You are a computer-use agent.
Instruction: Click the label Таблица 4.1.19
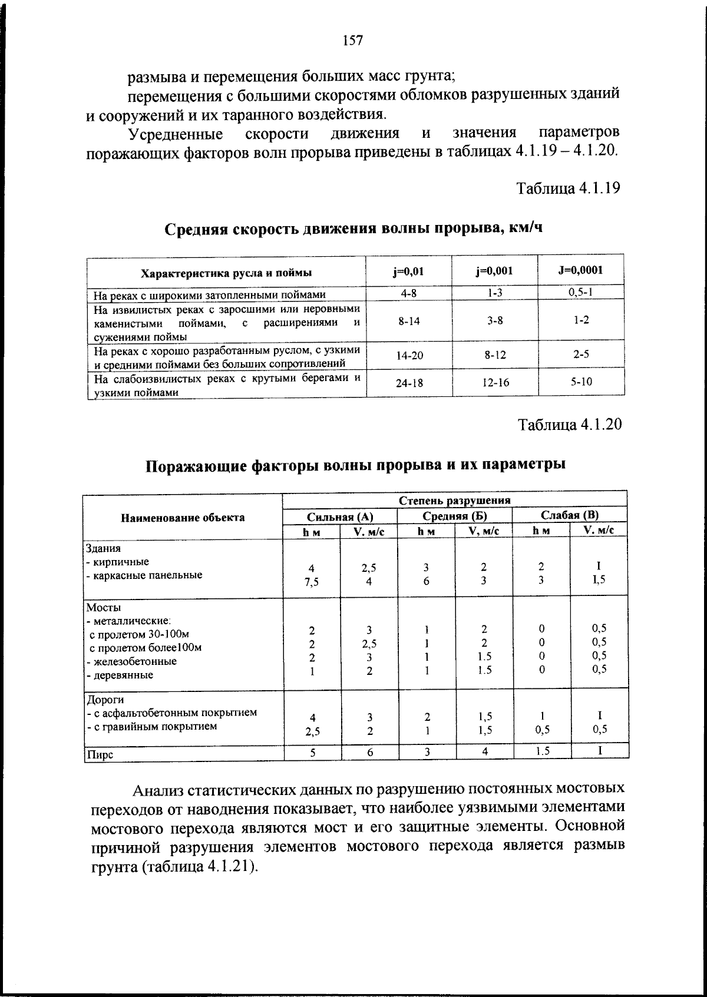click(x=568, y=188)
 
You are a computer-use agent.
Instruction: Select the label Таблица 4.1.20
click(x=569, y=425)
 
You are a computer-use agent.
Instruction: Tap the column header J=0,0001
click(x=580, y=270)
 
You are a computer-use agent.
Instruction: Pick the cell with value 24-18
click(x=409, y=383)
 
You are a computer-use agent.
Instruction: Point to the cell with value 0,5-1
click(x=581, y=293)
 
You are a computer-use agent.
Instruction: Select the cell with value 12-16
click(x=495, y=383)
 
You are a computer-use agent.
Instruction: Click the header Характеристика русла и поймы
click(x=226, y=273)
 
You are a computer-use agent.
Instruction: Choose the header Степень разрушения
click(x=454, y=501)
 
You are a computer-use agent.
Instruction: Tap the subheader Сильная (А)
click(x=340, y=516)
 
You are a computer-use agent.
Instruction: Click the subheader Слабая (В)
click(x=569, y=515)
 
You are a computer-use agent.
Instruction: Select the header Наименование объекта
click(x=183, y=518)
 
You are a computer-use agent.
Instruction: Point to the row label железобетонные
click(x=133, y=661)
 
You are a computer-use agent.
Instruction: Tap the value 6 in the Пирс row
click(x=369, y=752)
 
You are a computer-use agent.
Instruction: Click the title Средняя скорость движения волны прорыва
click(x=352, y=228)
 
